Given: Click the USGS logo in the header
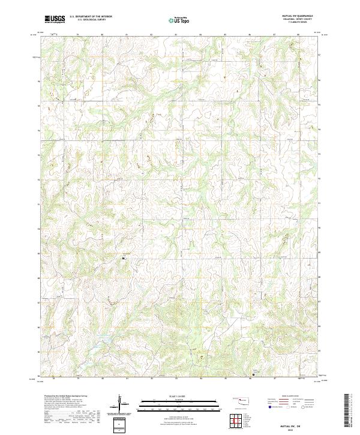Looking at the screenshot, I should coord(55,19).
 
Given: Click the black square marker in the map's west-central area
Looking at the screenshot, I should coord(124,259).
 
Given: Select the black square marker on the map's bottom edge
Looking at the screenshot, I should coord(253,375).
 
